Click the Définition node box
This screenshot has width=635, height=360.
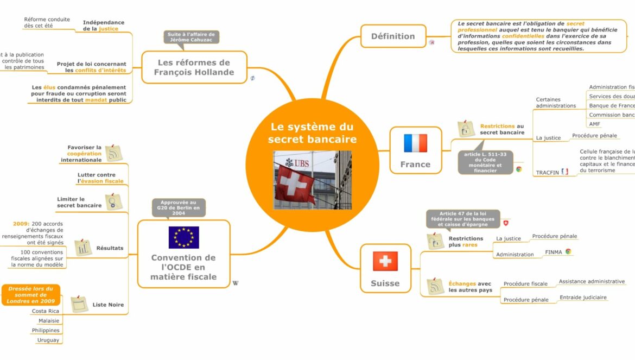[393, 36]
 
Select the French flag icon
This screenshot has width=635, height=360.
[415, 143]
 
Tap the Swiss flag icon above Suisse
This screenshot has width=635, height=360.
[385, 261]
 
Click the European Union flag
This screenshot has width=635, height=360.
[183, 237]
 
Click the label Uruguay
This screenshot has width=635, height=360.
[48, 340]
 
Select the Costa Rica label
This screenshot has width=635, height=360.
[46, 311]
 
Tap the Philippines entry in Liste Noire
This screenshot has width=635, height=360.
[46, 330]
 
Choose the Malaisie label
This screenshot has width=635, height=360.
[49, 321]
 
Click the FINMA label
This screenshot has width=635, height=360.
[553, 252]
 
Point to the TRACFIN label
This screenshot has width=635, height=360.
[547, 173]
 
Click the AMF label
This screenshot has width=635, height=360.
[595, 124]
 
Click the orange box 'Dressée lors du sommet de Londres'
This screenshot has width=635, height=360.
[31, 295]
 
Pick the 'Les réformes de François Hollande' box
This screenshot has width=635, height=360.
[194, 67]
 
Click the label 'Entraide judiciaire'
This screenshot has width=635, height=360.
[583, 298]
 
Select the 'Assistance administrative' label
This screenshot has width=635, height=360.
[592, 282]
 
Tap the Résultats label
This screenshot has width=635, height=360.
[110, 248]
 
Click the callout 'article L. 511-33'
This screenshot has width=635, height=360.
[485, 162]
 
